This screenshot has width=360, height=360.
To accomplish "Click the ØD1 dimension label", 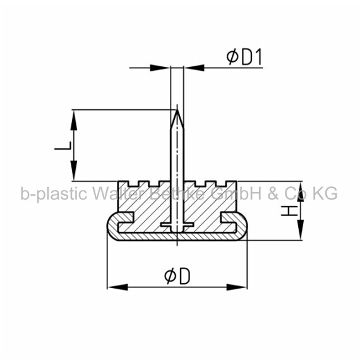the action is click(x=244, y=57).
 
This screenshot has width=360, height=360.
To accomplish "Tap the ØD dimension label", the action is click(x=177, y=276).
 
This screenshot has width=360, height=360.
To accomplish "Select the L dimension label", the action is click(x=63, y=145).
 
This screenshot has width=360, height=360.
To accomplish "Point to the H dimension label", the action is click(x=289, y=211).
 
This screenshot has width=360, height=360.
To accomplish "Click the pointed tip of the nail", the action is click(x=177, y=110).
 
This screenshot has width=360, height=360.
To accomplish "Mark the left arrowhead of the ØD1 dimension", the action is click(x=160, y=68).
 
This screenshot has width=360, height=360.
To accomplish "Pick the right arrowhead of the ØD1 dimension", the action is click(x=195, y=68).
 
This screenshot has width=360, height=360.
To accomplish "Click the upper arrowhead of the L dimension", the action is click(x=74, y=120).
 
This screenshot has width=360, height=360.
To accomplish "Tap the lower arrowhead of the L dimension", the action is click(x=74, y=171).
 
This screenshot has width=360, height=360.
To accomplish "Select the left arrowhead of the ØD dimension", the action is click(x=117, y=287).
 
